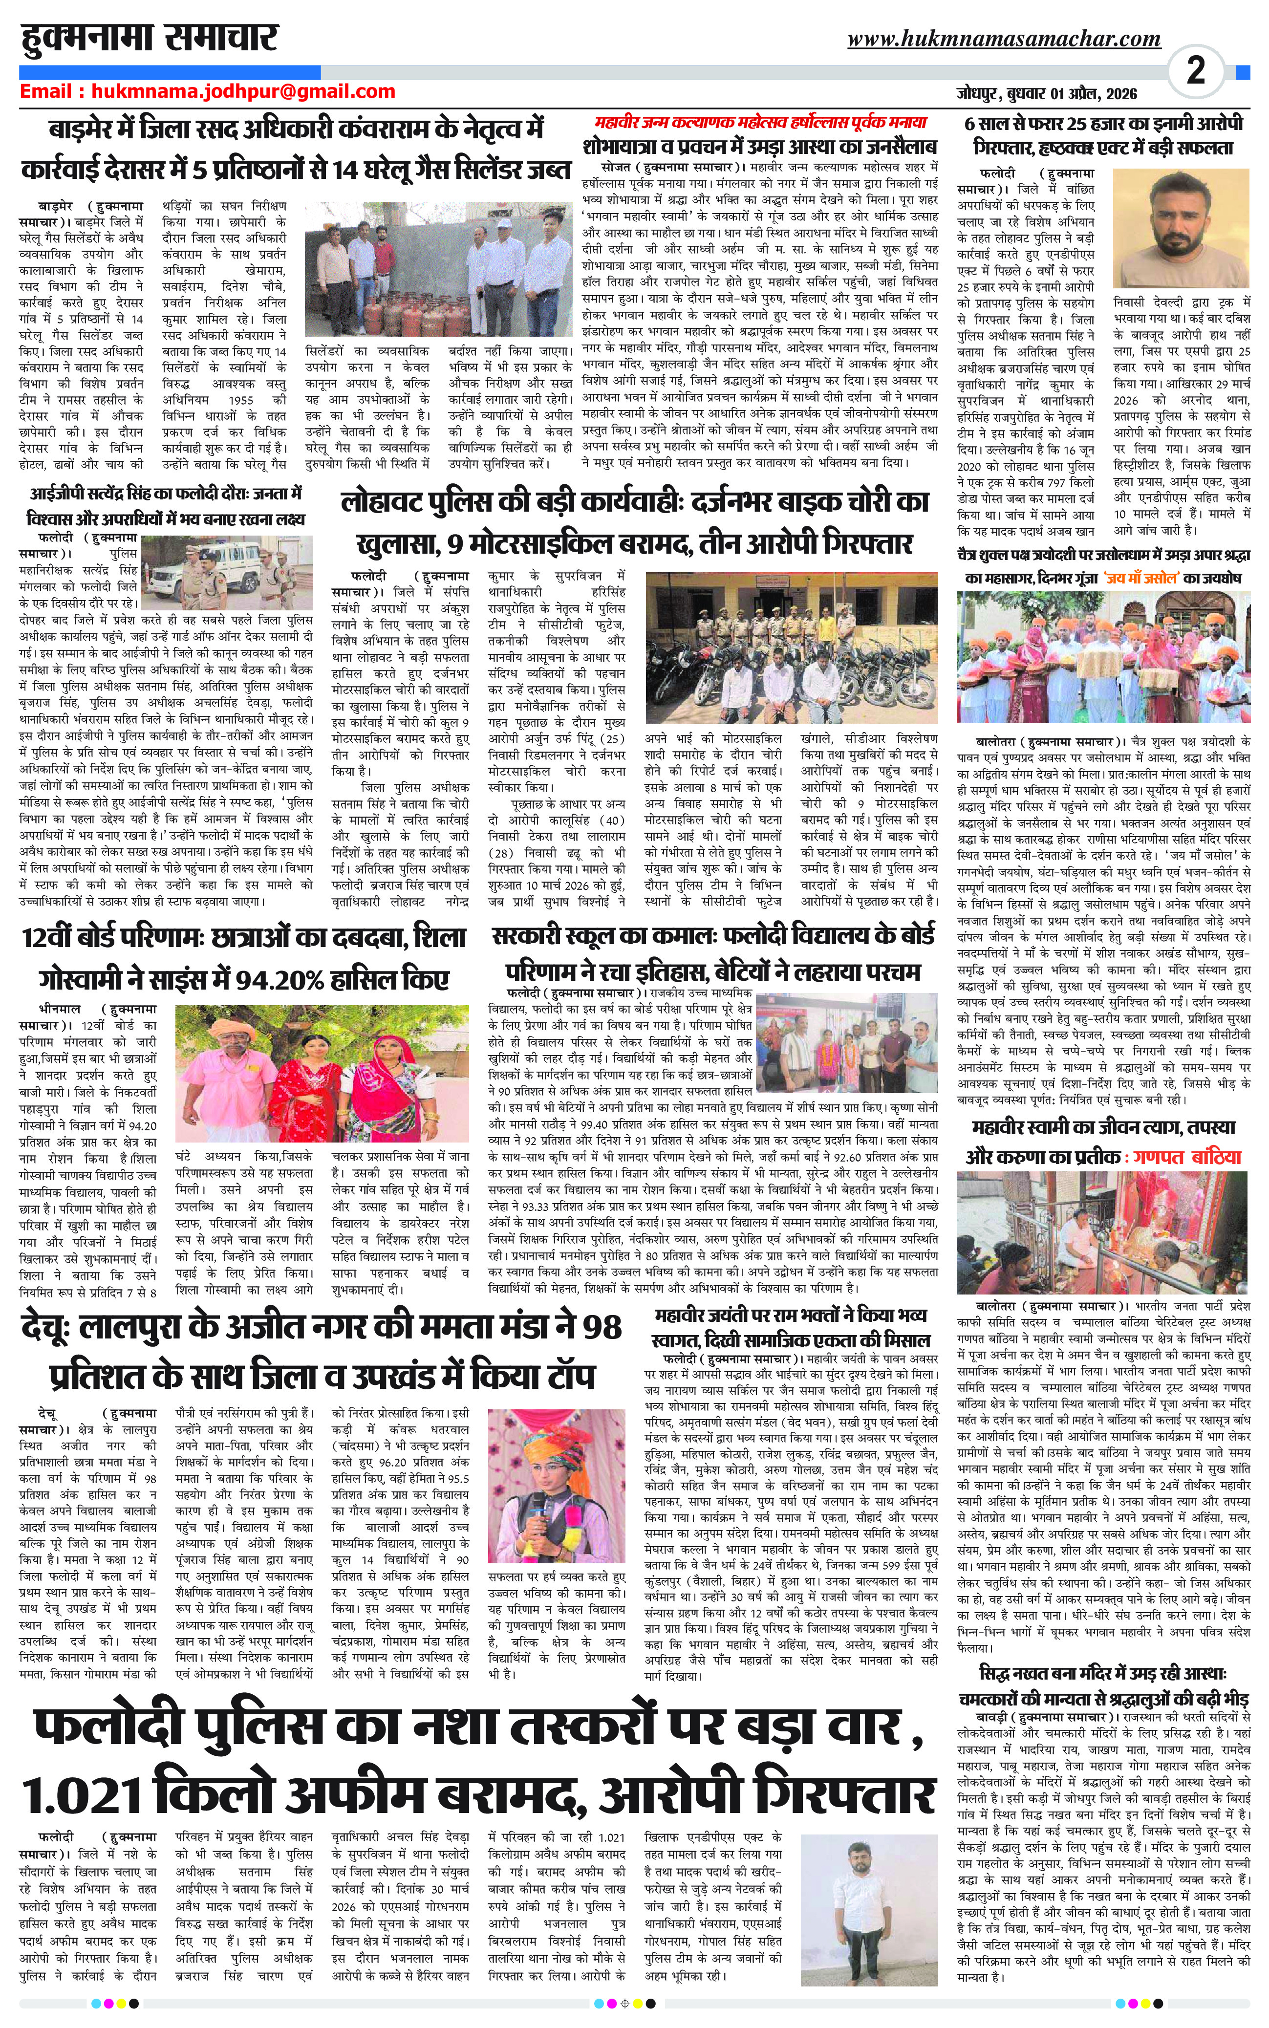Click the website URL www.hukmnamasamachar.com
[1004, 39]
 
